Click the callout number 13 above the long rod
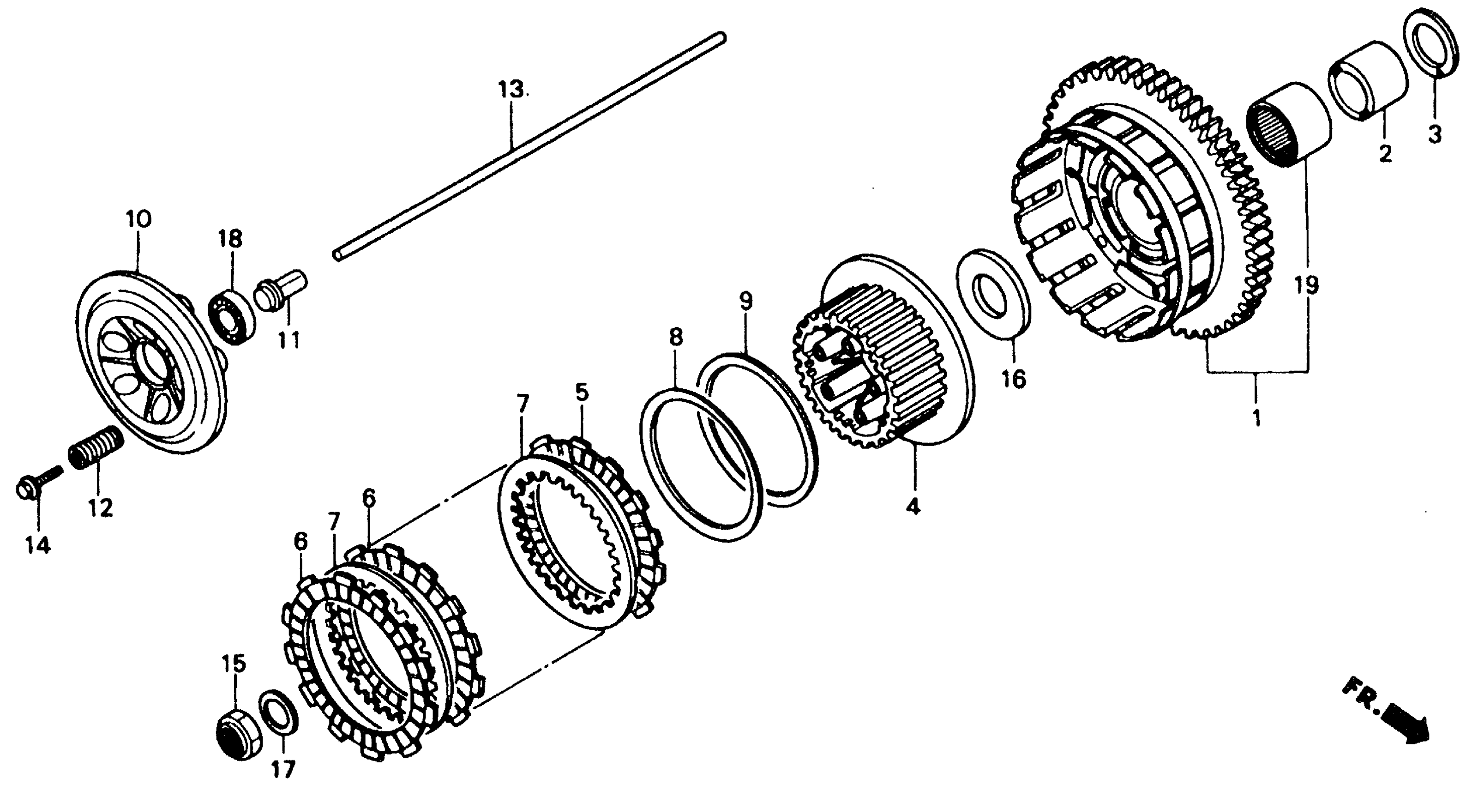click(x=510, y=90)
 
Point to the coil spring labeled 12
click(x=95, y=447)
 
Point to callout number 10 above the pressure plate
click(x=139, y=219)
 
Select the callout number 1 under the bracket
click(x=1256, y=418)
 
